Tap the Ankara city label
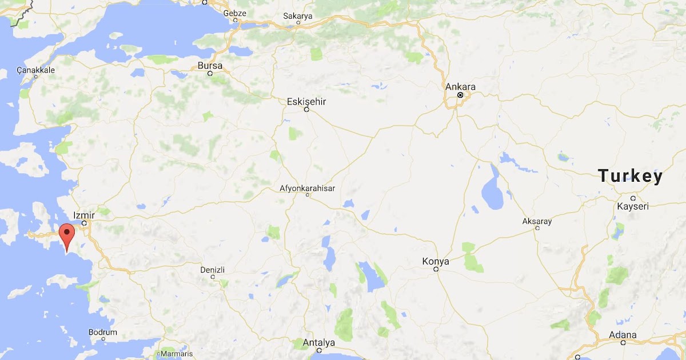coord(460,87)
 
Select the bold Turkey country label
coord(631,177)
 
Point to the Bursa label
coord(210,66)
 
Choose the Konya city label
coord(436,261)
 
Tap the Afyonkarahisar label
coord(307,188)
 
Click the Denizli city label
coord(213,270)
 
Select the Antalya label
coord(318,343)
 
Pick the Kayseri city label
coord(633,206)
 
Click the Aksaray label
coord(537,221)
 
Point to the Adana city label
coord(623,335)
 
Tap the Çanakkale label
coord(35,70)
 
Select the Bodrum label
coord(103,332)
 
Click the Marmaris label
coord(176,354)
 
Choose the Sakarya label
coord(298,16)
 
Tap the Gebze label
coord(235,13)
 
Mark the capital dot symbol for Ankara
coord(460,95)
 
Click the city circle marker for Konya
coord(436,269)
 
